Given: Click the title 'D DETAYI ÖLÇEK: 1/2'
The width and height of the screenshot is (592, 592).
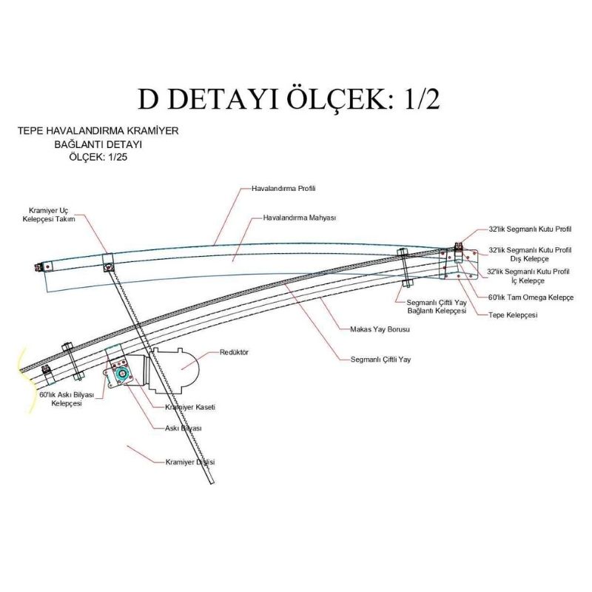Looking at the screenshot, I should tap(289, 98).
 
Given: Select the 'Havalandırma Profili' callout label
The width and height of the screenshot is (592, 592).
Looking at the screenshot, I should tap(283, 189).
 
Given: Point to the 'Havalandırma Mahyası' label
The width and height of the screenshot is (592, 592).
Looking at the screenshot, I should tap(300, 218).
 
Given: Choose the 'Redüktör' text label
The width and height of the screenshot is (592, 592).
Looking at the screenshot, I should tap(234, 352).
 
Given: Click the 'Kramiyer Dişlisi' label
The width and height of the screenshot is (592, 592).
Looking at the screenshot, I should tap(190, 462).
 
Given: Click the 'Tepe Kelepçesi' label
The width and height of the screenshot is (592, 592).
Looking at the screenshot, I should tap(513, 314).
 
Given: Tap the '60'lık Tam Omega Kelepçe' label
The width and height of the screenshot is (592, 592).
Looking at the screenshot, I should tap(531, 297).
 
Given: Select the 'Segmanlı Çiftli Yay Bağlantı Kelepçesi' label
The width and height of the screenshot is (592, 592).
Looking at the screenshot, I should tap(437, 306).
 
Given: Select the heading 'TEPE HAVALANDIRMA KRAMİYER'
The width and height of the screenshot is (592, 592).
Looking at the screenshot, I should tap(98, 131).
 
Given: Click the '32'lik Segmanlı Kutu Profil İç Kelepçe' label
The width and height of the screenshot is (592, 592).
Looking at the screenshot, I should tap(528, 276).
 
